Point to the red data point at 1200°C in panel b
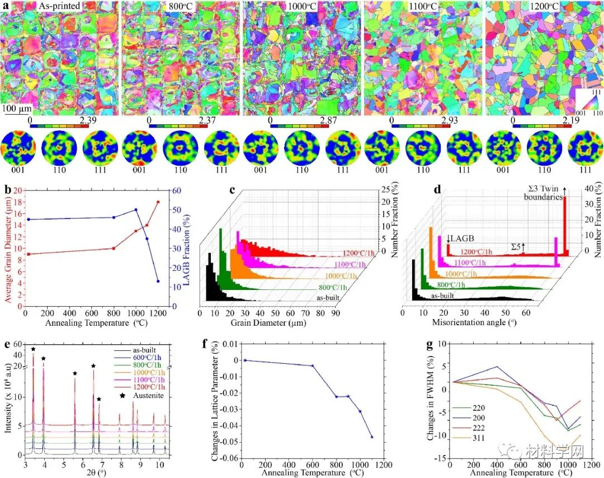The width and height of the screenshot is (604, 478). pyautogui.click(x=158, y=201)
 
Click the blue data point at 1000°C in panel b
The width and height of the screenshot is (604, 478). pyautogui.click(x=136, y=210)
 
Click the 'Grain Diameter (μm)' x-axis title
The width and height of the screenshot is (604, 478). pyautogui.click(x=265, y=324)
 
